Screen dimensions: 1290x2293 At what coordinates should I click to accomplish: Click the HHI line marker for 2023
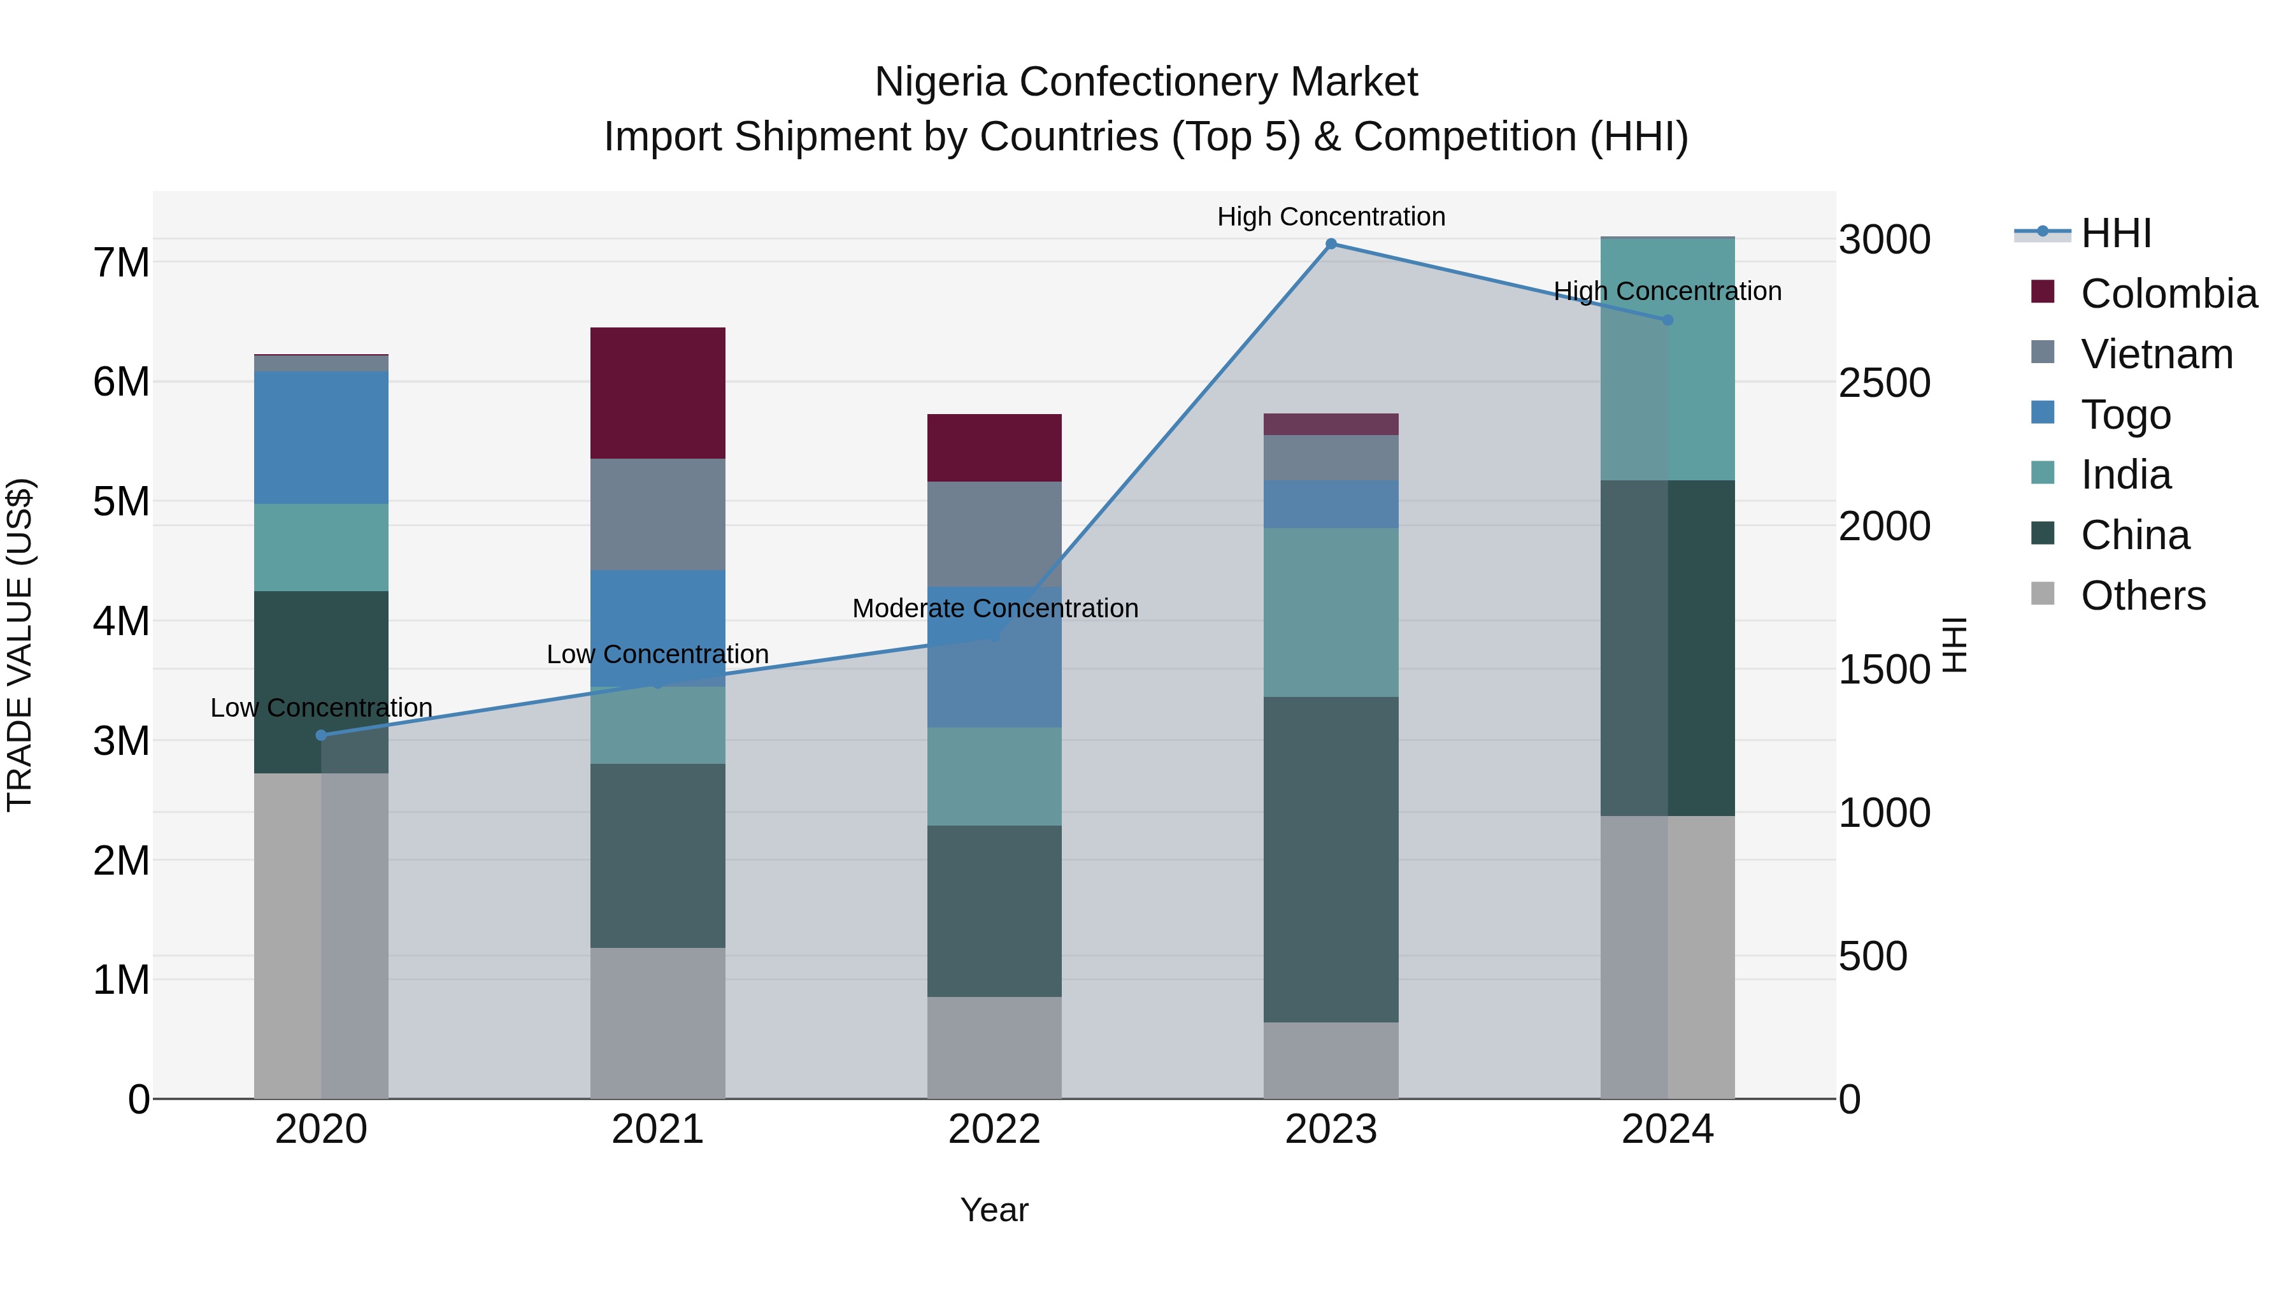coord(1331,244)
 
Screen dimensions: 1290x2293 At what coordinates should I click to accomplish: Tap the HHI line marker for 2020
coord(322,735)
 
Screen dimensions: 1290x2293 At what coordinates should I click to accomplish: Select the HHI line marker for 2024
coord(1668,320)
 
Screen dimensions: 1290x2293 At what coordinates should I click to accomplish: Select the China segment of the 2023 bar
coord(1331,859)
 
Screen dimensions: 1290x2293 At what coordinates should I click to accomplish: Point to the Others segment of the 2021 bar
coord(658,1023)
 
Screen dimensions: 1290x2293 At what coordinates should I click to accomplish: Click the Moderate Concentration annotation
coord(994,608)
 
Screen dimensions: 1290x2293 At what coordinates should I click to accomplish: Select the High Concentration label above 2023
coord(1331,217)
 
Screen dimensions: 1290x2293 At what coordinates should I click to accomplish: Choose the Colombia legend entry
coord(2168,294)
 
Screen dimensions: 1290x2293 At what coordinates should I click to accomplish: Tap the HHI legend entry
coord(2115,233)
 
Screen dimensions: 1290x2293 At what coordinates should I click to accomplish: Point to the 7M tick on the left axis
coord(121,262)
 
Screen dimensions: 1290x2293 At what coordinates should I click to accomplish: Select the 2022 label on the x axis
coord(994,1129)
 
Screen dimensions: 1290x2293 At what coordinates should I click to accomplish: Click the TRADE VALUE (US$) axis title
coord(20,645)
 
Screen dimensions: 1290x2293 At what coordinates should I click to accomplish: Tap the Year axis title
coord(994,1210)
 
